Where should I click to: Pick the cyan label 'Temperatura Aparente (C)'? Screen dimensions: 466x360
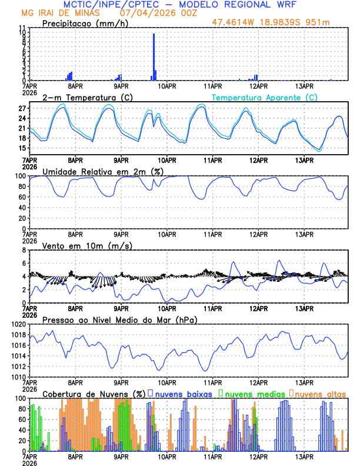point(264,97)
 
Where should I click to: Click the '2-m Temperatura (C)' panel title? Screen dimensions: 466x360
point(88,97)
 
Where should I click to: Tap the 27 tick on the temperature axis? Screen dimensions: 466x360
point(21,109)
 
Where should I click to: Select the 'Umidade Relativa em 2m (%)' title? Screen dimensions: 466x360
point(103,171)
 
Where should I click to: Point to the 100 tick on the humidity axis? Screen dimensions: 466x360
point(19,176)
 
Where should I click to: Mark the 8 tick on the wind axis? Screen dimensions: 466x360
point(24,251)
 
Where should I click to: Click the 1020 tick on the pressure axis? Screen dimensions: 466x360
point(18,325)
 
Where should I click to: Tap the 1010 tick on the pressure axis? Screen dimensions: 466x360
point(18,377)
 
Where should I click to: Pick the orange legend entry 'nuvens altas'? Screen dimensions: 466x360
point(321,394)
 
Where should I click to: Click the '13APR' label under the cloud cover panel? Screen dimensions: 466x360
point(304,456)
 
